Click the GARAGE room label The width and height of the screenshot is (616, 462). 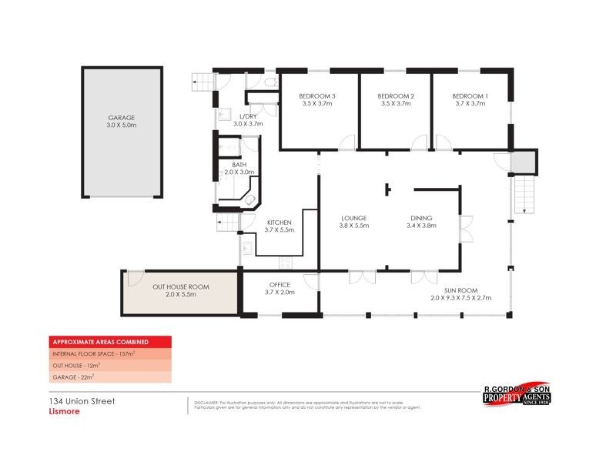(121, 118)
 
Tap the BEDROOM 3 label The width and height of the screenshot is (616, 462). (316, 95)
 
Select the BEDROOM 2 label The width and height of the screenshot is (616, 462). (397, 95)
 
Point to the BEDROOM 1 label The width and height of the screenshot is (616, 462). (470, 95)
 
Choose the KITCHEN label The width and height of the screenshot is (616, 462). (279, 223)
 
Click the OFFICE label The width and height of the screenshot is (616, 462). (279, 284)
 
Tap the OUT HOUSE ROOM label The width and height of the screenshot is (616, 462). (180, 286)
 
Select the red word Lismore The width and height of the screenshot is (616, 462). (59, 411)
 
